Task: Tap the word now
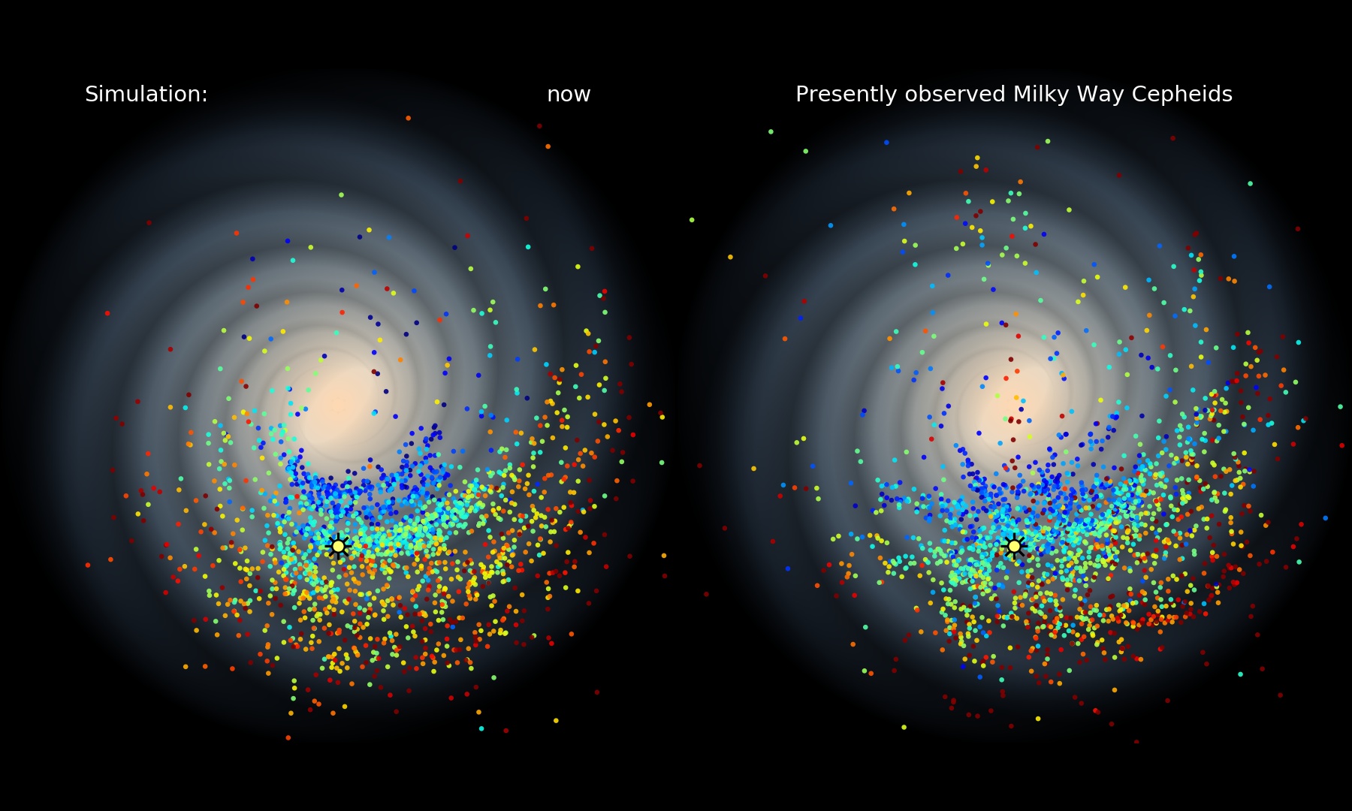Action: point(569,95)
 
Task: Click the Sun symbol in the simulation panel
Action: point(338,546)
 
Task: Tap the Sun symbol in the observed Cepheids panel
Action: point(1014,546)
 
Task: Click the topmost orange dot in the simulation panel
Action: point(408,118)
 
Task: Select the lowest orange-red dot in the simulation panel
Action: point(288,737)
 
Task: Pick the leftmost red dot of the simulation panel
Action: point(88,565)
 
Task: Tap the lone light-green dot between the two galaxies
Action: point(692,220)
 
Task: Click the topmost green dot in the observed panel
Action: point(771,131)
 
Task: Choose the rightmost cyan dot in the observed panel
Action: point(1340,406)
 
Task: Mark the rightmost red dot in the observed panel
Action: point(1342,445)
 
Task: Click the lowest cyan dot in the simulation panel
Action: point(481,728)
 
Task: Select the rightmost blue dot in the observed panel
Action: point(1325,518)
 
